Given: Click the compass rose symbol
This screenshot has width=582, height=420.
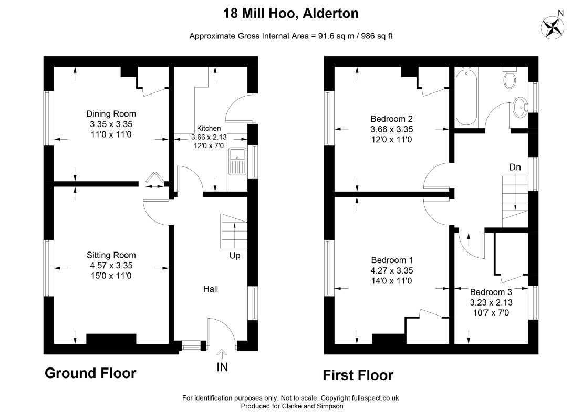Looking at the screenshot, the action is [552, 27].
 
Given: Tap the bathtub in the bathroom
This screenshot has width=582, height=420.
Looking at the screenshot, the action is [466, 97].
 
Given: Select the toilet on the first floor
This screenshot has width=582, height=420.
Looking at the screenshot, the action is [510, 78].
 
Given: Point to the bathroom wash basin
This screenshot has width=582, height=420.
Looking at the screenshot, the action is [521, 107].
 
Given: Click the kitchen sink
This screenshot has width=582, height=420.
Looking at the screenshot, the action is [237, 161].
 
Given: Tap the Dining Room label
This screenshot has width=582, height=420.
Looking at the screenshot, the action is [111, 114].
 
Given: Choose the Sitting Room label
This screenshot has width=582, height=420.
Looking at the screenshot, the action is [111, 255].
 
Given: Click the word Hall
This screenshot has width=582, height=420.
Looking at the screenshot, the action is [211, 289].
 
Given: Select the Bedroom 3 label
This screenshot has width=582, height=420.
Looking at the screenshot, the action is [491, 292].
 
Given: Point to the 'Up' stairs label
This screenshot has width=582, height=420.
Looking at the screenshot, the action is [235, 256].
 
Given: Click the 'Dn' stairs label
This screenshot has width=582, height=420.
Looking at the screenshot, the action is [515, 167].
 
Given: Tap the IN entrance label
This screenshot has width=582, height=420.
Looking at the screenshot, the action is [222, 367].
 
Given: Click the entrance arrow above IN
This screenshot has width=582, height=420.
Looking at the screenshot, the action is [222, 354].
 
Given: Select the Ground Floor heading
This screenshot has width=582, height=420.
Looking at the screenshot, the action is [90, 373].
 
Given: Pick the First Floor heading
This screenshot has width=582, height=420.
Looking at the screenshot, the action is [358, 375].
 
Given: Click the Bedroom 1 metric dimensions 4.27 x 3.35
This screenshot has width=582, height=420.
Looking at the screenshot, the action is [391, 270].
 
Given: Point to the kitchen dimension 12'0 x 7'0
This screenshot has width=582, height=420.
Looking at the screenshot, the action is [209, 146].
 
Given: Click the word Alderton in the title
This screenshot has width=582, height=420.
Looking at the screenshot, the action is [331, 13].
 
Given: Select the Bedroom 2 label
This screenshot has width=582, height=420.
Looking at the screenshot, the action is [391, 119].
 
